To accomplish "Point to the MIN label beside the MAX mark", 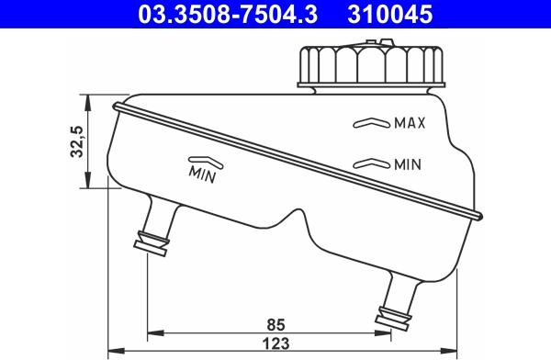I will [x=407, y=165].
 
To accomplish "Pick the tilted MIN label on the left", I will [x=202, y=172].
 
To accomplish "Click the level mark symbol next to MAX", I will [x=371, y=122].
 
